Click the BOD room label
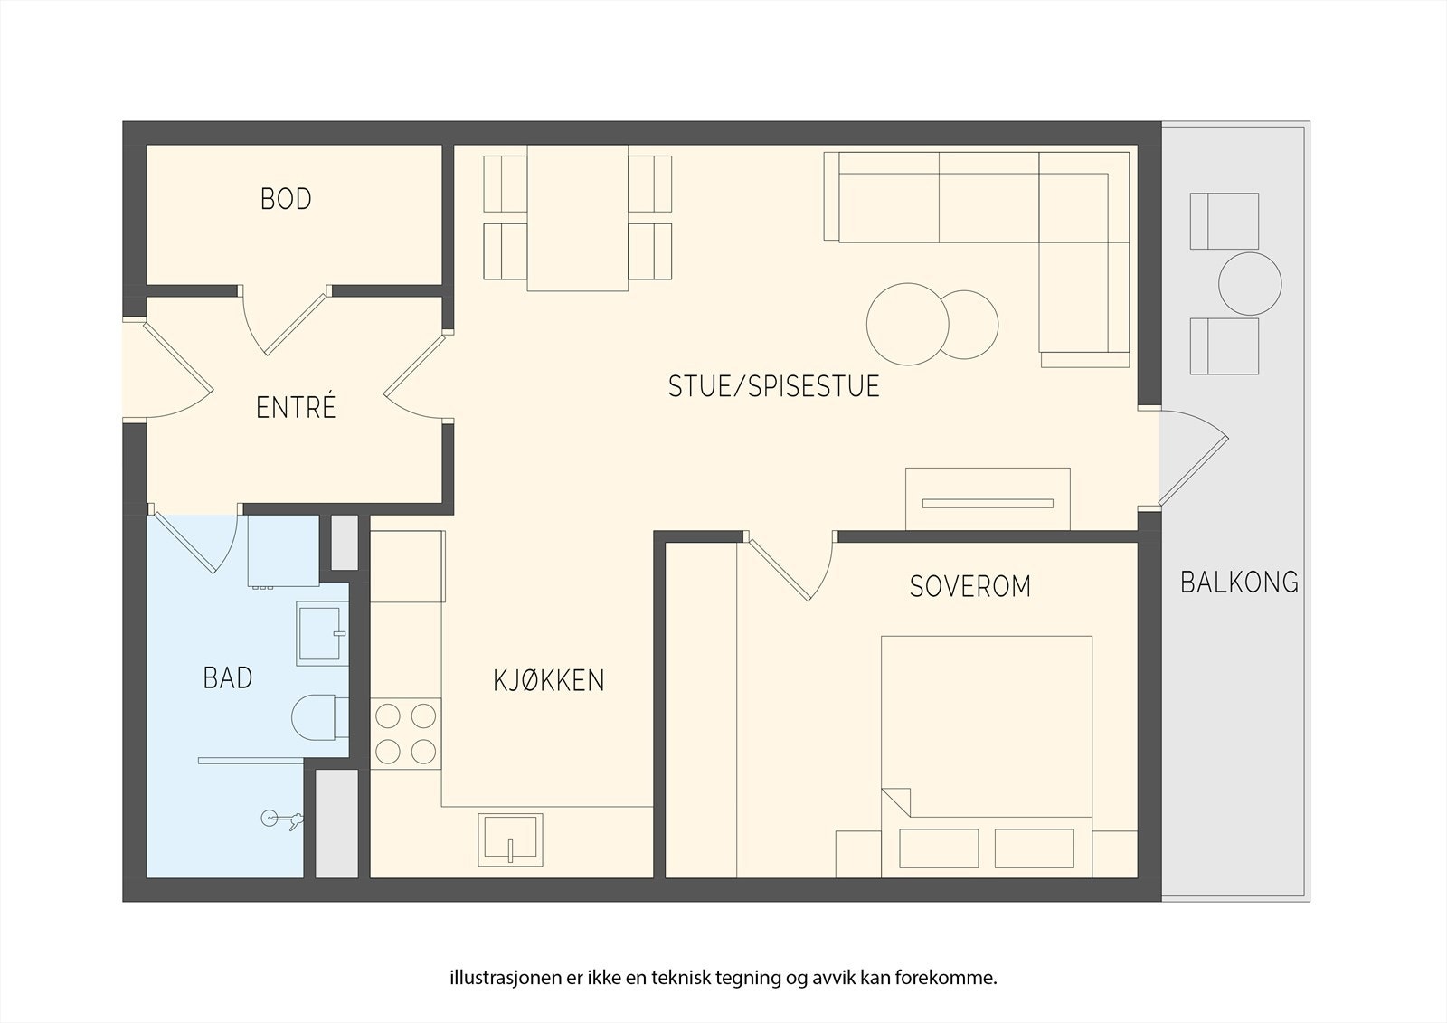286,199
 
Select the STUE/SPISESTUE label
773,386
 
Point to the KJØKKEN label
548,680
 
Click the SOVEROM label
969,586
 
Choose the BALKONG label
1239,583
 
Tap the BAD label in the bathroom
227,677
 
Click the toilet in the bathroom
320,717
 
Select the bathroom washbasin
322,633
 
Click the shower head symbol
282,819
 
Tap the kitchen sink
510,839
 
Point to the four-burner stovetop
406,734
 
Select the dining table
578,218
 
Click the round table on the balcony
1250,284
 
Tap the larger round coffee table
908,325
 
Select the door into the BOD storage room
284,321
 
